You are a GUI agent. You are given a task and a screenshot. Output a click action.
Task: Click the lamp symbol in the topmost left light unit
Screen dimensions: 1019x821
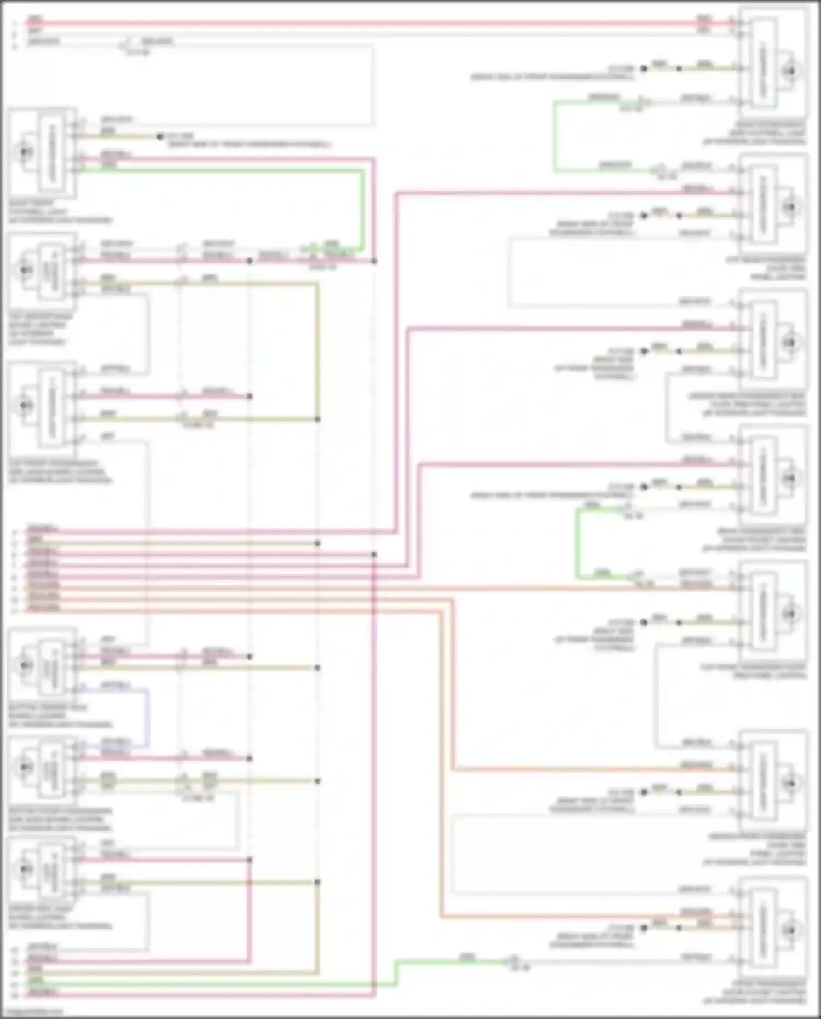24,152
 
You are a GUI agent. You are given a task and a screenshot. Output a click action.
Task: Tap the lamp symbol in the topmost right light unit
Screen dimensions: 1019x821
790,71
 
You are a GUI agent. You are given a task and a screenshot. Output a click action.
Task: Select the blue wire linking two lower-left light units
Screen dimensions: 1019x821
147,717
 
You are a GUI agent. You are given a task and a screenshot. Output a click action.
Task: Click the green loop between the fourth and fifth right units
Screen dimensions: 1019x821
577,542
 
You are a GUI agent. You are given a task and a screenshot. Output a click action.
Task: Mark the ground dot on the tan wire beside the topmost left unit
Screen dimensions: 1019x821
159,136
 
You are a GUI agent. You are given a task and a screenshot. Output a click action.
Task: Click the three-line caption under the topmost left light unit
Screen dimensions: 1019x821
60,212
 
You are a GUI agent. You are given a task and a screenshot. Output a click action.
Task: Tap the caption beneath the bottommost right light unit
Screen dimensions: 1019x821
755,992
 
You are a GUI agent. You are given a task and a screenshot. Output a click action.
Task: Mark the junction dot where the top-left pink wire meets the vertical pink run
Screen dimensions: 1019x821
374,261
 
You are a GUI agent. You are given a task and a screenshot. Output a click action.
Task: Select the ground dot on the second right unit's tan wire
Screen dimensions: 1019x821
644,216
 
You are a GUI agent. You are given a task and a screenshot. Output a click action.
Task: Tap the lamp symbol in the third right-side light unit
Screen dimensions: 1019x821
790,343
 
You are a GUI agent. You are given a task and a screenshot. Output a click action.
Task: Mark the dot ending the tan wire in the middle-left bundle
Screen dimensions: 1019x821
317,544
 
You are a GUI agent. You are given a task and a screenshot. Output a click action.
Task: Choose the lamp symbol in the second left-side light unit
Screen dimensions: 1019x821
24,269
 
